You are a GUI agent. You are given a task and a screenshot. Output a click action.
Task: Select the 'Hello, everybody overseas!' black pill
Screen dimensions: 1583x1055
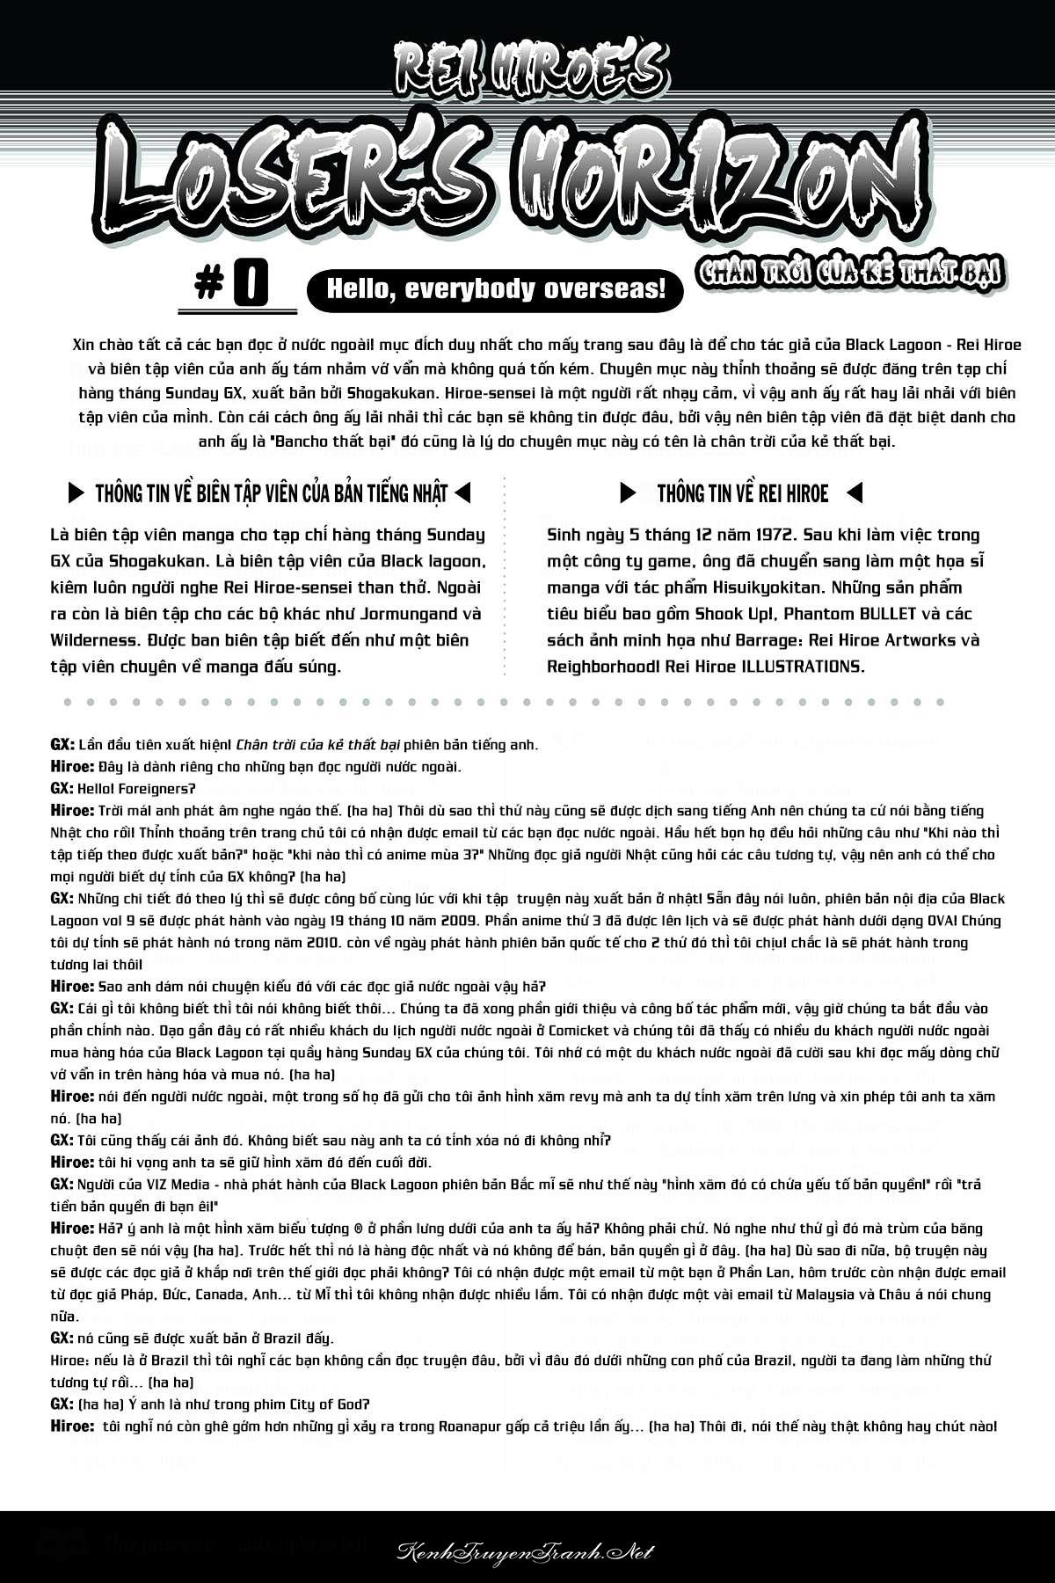(495, 289)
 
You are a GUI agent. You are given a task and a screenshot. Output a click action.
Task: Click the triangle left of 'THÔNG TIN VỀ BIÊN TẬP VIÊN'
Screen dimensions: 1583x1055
(77, 492)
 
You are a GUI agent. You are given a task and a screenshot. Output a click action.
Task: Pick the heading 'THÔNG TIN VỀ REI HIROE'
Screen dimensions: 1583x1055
(743, 492)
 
